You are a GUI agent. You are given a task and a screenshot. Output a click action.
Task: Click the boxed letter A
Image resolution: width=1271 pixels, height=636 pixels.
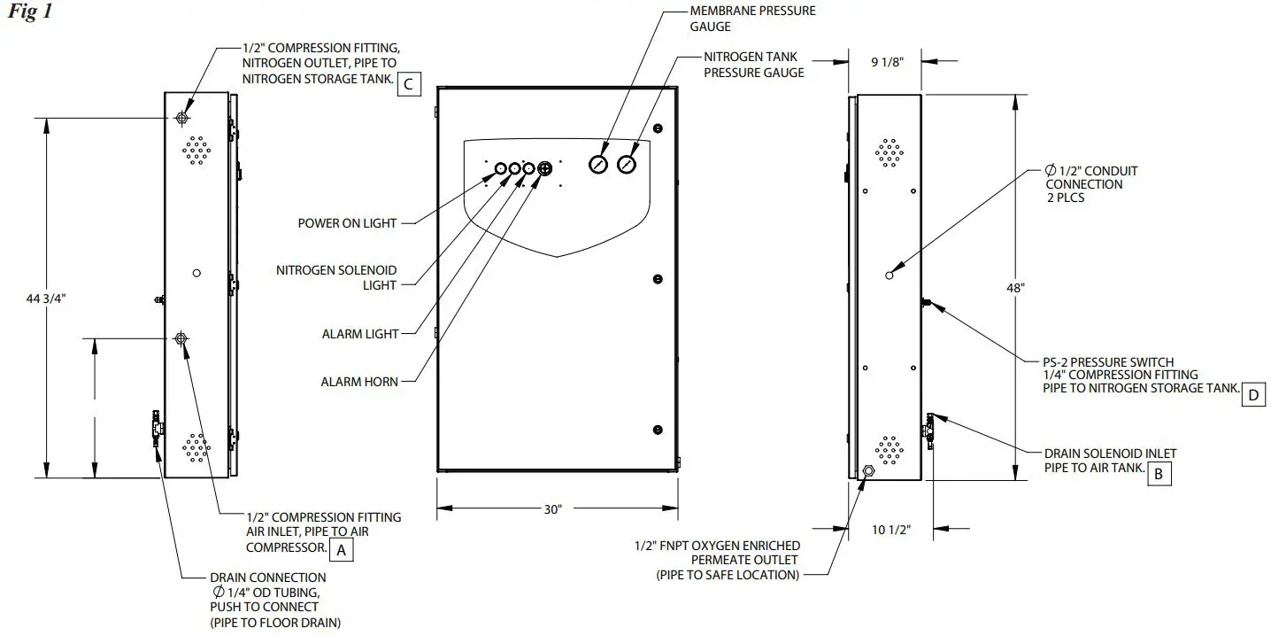click(x=341, y=550)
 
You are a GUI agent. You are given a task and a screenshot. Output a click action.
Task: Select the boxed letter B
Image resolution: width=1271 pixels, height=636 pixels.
click(x=1159, y=474)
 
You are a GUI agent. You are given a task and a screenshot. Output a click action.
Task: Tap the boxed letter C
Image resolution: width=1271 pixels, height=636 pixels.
click(x=408, y=84)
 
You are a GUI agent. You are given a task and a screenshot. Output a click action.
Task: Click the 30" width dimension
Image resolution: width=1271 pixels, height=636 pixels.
click(x=553, y=509)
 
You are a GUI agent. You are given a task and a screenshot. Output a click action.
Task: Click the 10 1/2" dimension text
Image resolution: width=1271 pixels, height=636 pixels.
click(x=890, y=530)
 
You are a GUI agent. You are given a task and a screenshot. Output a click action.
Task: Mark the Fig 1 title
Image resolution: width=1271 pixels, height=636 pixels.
click(x=29, y=14)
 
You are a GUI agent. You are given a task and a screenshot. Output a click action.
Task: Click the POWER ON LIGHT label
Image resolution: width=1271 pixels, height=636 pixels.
click(x=347, y=223)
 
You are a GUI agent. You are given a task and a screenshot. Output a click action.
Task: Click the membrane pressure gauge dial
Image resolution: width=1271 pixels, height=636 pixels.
click(x=599, y=164)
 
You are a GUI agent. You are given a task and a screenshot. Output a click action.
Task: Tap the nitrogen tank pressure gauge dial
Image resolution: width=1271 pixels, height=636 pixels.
click(x=628, y=164)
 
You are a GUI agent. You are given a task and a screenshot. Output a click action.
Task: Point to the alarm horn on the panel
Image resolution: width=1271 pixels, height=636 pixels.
click(x=544, y=168)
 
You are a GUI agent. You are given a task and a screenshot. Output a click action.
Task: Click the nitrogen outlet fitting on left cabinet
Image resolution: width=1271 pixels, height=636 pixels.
click(x=182, y=118)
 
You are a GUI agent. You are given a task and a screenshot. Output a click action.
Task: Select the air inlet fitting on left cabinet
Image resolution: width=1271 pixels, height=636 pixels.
click(x=181, y=338)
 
